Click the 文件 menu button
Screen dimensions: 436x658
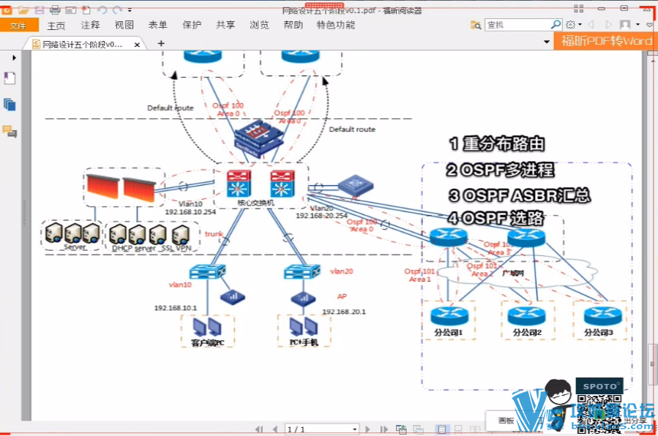click(x=18, y=25)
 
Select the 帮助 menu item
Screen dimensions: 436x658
click(x=293, y=25)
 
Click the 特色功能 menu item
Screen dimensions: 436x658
click(x=336, y=25)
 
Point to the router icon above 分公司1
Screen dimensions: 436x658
click(x=444, y=315)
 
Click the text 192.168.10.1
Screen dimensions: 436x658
click(x=176, y=308)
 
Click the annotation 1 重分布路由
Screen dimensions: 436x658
click(x=497, y=144)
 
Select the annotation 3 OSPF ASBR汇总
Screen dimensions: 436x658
click(x=519, y=195)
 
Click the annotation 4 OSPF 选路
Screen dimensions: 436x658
click(x=497, y=218)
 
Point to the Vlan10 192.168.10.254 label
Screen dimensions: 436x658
click(x=189, y=208)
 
